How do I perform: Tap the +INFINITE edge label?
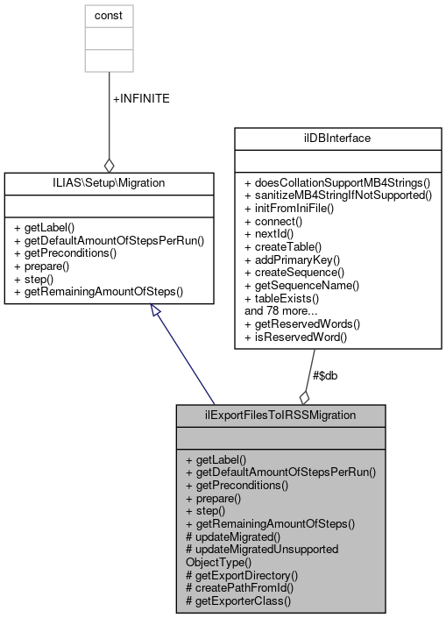click(141, 98)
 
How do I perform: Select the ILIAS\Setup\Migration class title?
click(109, 182)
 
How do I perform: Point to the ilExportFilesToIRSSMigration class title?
click(280, 415)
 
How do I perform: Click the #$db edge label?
click(326, 375)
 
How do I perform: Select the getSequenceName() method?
click(302, 286)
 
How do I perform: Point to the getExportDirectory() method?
click(242, 576)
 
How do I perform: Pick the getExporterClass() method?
click(238, 602)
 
